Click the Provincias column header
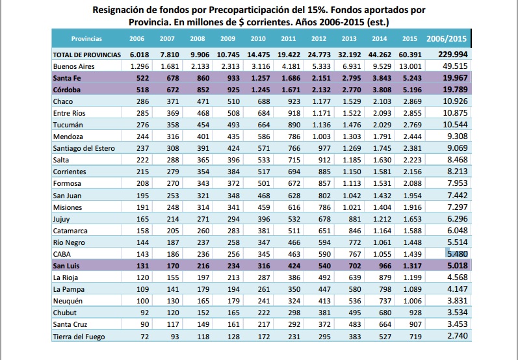(x=86, y=38)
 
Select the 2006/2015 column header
(x=447, y=38)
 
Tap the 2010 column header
(x=258, y=38)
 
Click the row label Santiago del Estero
(x=84, y=148)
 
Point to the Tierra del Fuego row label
(x=79, y=337)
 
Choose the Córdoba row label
(x=67, y=90)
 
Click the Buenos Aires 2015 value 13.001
(x=410, y=66)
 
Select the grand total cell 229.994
(x=453, y=55)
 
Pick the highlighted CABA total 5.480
(x=457, y=254)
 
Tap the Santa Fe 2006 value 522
(x=143, y=78)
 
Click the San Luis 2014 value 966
(x=385, y=266)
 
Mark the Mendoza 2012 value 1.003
(x=322, y=136)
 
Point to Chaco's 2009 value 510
(x=233, y=101)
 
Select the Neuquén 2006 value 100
(x=143, y=301)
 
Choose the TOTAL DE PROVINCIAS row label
(x=87, y=55)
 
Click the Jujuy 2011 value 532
(x=294, y=219)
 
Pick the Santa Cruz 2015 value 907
(x=415, y=324)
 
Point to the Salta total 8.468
(x=458, y=160)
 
